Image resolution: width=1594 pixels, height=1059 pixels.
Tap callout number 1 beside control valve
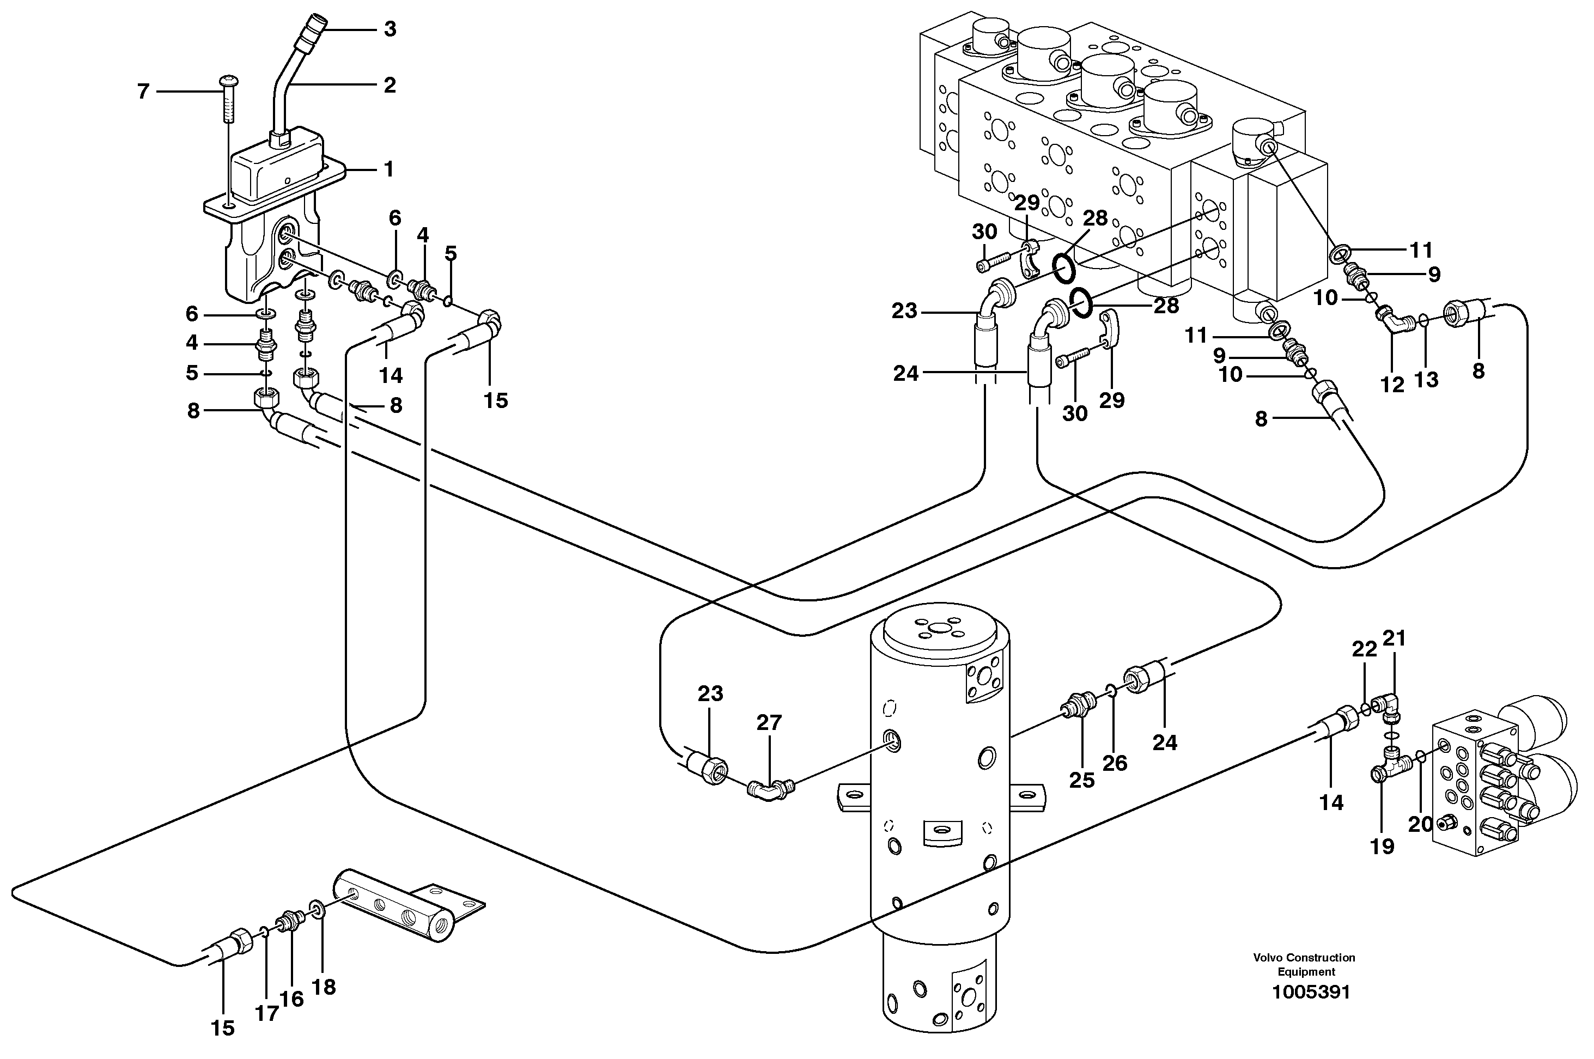pos(388,169)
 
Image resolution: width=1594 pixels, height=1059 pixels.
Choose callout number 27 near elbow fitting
pos(769,723)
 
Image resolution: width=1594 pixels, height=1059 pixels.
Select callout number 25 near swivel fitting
pos(1081,780)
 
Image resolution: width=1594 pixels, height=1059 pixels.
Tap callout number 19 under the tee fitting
pos(1382,845)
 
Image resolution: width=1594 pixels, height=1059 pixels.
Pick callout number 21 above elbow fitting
pos(1394,637)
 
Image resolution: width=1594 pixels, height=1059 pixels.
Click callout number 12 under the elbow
pos(1392,384)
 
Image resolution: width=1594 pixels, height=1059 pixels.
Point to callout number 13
pos(1427,380)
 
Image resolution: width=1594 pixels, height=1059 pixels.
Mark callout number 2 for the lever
pos(389,85)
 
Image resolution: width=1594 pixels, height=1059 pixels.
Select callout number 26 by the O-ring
pos(1115,763)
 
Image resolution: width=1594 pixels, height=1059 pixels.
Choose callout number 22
pos(1364,649)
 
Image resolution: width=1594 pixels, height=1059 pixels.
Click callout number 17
pos(267,1013)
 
